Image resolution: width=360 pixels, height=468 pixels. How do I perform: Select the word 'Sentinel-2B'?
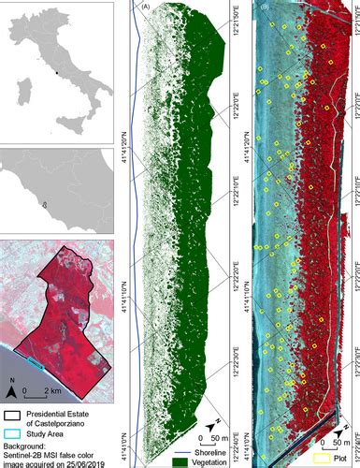click(x=22, y=451)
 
